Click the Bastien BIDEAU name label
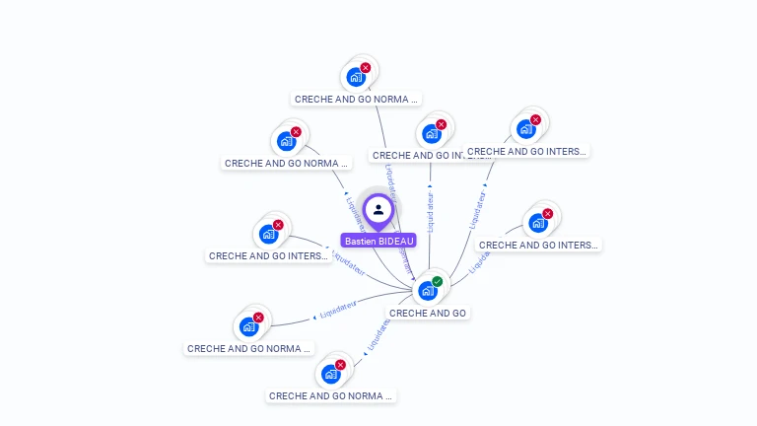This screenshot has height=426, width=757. (x=379, y=241)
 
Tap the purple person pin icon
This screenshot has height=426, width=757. (x=378, y=210)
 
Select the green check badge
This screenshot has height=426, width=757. (x=438, y=281)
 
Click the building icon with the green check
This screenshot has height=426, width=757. (x=427, y=291)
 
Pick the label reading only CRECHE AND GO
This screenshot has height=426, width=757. (x=428, y=313)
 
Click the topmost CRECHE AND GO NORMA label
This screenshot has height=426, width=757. (x=357, y=99)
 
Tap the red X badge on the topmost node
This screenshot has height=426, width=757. (x=366, y=68)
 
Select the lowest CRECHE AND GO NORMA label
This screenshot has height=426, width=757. (x=331, y=395)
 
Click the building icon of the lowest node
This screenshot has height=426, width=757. (x=331, y=375)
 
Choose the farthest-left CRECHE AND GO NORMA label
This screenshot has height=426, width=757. (x=249, y=348)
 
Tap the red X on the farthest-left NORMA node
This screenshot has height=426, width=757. (x=258, y=318)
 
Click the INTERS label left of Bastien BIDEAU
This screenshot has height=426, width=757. (x=268, y=255)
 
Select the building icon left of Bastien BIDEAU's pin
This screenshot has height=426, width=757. (x=268, y=235)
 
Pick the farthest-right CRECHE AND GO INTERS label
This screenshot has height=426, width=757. (x=538, y=245)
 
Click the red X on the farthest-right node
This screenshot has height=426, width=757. (x=548, y=214)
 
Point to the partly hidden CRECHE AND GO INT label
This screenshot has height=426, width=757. (x=416, y=155)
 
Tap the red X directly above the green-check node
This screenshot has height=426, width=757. (x=441, y=124)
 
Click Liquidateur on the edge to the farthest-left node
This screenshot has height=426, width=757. (x=338, y=310)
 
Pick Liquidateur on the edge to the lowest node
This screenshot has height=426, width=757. (x=378, y=333)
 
